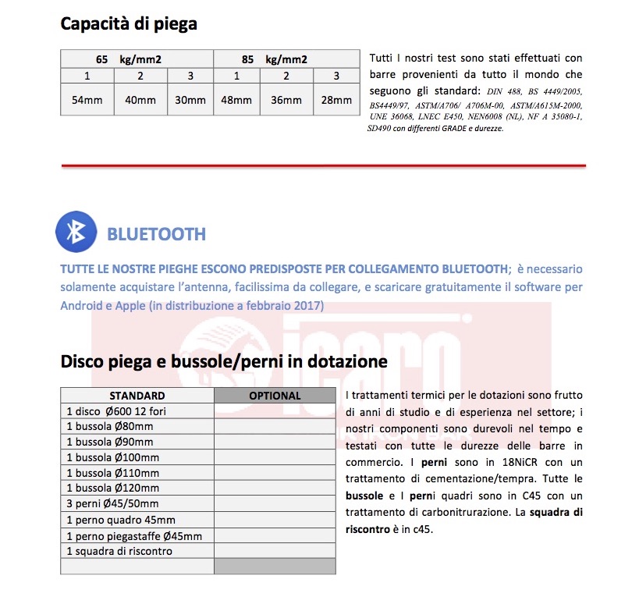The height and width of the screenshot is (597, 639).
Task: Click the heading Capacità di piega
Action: pos(129,23)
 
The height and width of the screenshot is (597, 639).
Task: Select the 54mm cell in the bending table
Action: pos(87,100)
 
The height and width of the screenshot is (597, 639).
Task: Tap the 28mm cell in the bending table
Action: pos(336,100)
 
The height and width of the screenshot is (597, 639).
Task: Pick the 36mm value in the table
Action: pos(286,100)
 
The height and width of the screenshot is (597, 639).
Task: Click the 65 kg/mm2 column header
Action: pos(137,59)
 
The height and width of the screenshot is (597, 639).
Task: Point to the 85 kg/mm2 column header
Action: pos(286,59)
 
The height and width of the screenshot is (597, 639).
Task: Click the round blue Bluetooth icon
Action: pos(76,232)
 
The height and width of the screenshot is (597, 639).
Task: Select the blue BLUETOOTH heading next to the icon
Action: pos(156,233)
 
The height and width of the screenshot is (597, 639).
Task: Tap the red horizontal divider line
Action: pos(323,165)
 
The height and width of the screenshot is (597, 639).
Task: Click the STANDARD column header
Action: pos(137,396)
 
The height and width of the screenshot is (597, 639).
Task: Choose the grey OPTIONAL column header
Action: pos(275,396)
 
